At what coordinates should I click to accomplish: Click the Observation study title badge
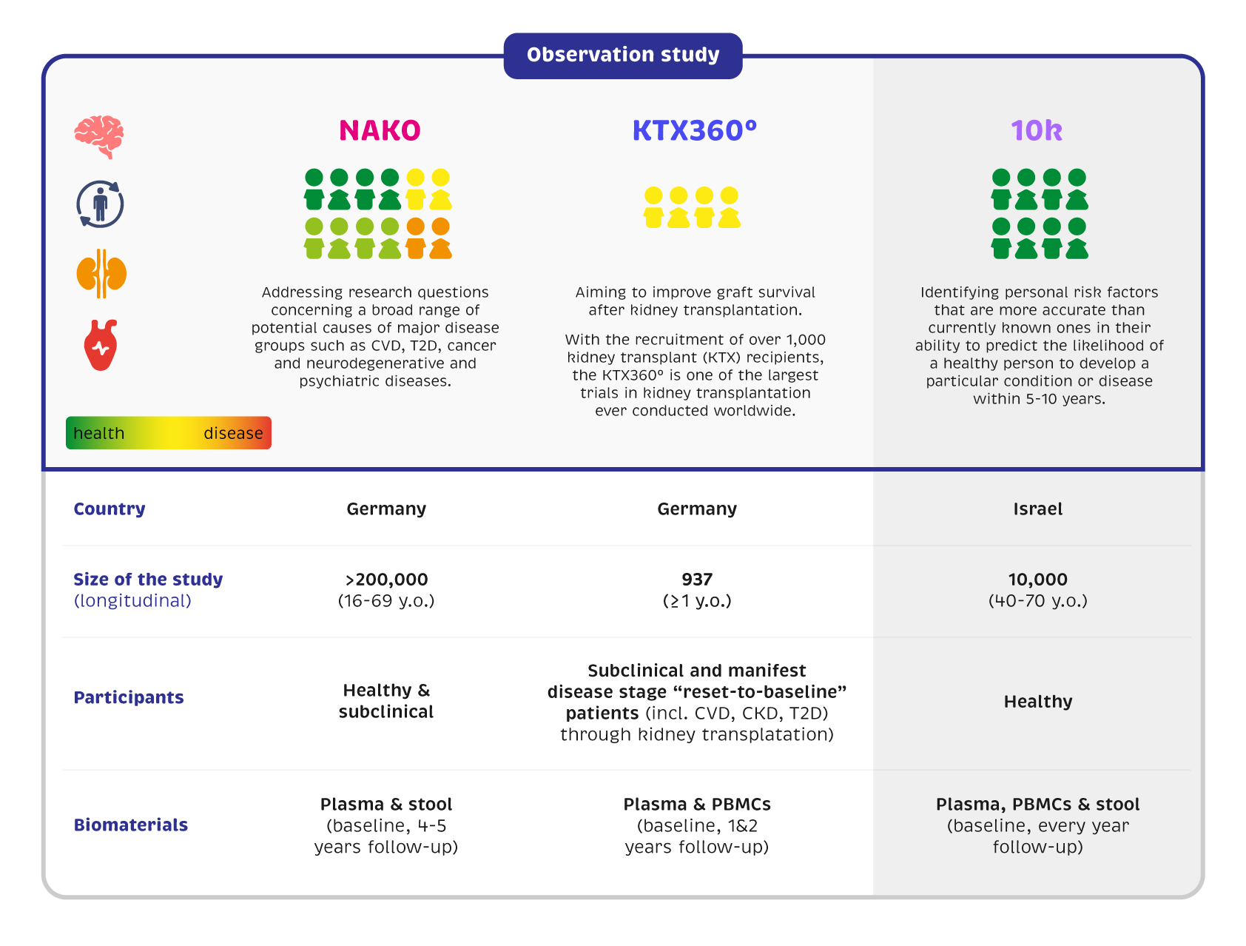tap(623, 56)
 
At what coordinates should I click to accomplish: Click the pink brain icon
tap(99, 136)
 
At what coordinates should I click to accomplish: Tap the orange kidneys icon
tap(101, 274)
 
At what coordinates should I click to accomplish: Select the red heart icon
tap(101, 345)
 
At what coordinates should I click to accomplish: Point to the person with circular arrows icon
tap(100, 204)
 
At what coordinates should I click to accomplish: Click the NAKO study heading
tap(380, 131)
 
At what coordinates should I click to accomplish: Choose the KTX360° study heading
tap(694, 131)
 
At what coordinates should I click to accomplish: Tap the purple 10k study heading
tap(1037, 131)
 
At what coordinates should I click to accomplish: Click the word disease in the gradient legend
tap(233, 434)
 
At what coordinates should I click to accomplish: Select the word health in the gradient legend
tap(99, 434)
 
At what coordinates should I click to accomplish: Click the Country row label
tap(110, 509)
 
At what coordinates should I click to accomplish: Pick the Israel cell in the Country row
tap(1037, 509)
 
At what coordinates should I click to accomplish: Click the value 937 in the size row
tap(697, 580)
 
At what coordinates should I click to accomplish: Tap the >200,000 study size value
tap(386, 580)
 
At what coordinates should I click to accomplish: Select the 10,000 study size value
tap(1037, 580)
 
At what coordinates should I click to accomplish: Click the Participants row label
tap(129, 698)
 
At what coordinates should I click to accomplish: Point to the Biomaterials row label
tap(131, 825)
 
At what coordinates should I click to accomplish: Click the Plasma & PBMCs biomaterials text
tap(697, 805)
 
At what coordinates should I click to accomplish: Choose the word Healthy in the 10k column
tap(1037, 702)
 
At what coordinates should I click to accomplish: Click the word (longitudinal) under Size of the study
tap(132, 601)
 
